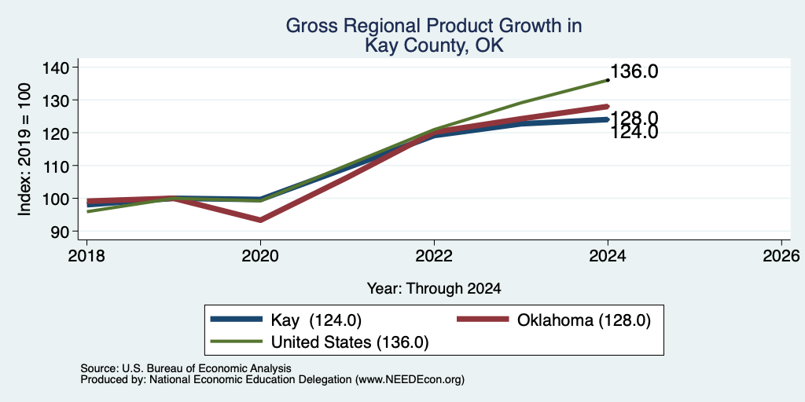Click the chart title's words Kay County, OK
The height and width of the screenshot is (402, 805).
[434, 46]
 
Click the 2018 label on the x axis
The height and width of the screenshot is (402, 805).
[86, 255]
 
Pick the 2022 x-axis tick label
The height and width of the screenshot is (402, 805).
[434, 255]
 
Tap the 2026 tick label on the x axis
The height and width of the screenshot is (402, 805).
[781, 255]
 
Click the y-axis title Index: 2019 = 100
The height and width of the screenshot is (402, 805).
[24, 149]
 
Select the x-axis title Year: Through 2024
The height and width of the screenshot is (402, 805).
[434, 289]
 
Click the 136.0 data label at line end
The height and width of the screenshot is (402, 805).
[634, 71]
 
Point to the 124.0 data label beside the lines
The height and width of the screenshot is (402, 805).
[634, 133]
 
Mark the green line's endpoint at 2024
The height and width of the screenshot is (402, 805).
[608, 80]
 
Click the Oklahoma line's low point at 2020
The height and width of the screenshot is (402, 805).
[260, 220]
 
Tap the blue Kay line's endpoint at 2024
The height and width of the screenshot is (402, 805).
[608, 119]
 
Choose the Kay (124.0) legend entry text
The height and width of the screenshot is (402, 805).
[316, 320]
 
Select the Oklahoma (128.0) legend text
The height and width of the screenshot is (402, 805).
[584, 320]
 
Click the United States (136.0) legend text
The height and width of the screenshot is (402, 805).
[350, 342]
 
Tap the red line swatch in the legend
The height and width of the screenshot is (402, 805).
[482, 320]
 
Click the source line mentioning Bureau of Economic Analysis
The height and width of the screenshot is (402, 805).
[186, 368]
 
